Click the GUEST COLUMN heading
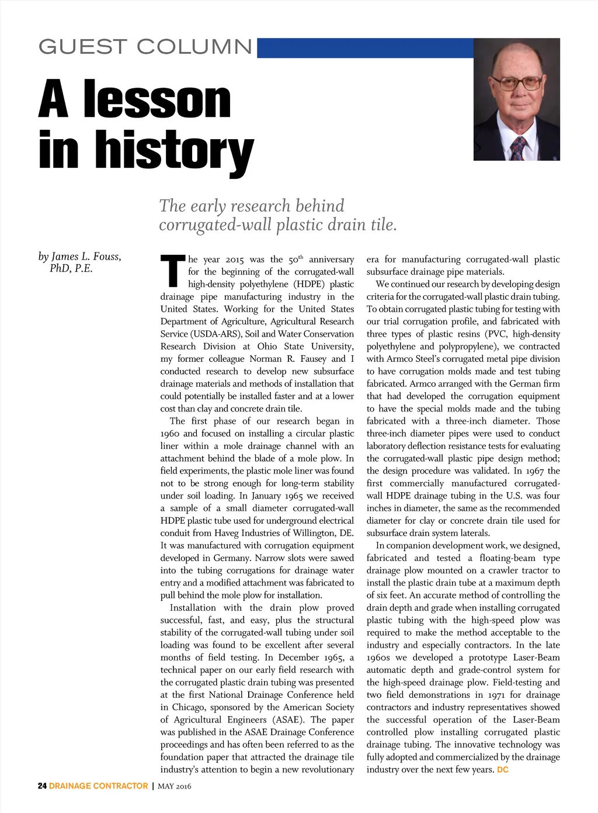145,47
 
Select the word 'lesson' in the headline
157,100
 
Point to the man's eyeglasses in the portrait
516,82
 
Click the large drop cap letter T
172,273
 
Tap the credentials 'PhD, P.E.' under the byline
71,269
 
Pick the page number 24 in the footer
42,786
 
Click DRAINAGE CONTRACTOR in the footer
98,786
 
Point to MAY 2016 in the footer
174,786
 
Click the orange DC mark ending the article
503,770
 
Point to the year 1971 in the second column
496,695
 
